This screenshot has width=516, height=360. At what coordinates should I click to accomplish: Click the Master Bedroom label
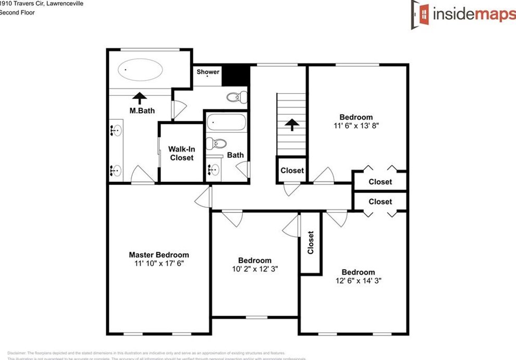pos(159,255)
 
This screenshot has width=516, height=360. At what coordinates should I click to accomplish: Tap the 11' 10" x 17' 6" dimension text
pos(159,264)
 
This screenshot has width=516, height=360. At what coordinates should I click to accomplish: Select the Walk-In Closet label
pos(181,153)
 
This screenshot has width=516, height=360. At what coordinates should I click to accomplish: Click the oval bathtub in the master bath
pos(140,69)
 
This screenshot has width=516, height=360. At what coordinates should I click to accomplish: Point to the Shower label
pos(208,72)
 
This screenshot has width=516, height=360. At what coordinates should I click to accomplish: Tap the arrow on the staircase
pos(291,125)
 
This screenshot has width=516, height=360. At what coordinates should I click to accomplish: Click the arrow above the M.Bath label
pos(140,97)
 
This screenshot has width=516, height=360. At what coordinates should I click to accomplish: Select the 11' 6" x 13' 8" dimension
pos(356,126)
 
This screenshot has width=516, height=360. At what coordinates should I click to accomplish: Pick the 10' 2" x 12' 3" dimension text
pos(255,269)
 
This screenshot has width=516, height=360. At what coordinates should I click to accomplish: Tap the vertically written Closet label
pos(311,242)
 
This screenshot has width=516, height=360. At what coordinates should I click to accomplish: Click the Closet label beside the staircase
pos(292,170)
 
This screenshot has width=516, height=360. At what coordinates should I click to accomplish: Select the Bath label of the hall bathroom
pos(235,155)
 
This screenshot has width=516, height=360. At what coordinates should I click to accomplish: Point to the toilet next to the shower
pos(237,96)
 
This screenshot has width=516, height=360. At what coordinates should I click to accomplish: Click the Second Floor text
pos(17,13)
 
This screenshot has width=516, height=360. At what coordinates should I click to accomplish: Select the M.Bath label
pos(142,110)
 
